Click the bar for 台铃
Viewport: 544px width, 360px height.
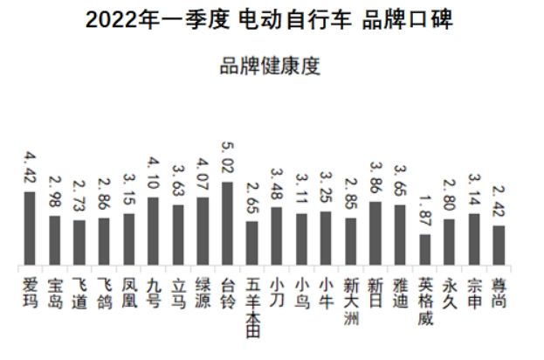coord(227,224)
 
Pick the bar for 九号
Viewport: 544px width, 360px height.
coord(153,232)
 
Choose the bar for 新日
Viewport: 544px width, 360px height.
coord(375,234)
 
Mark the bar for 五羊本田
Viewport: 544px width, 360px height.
coord(251,244)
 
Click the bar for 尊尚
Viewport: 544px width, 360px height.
coord(499,246)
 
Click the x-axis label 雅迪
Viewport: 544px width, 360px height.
coord(400,294)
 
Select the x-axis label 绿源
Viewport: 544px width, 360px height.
coord(203,294)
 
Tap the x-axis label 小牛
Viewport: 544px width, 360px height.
coord(326,294)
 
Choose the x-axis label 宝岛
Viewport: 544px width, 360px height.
coord(54,294)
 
